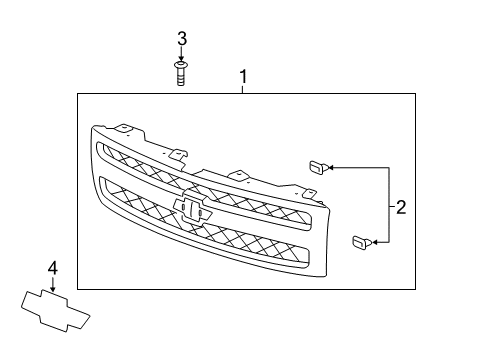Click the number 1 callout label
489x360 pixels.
241,75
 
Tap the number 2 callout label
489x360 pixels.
401,208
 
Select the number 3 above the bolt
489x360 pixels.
182,39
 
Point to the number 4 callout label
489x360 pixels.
53,266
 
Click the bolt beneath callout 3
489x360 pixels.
181,74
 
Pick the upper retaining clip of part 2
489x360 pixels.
316,167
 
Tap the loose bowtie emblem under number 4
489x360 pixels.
56,306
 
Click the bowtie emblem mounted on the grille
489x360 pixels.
194,208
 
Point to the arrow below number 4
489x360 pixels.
53,282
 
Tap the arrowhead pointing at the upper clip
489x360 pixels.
332,166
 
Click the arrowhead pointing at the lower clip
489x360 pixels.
375,241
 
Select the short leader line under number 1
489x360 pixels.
241,89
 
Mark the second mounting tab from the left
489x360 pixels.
179,154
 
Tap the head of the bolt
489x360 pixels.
181,65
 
